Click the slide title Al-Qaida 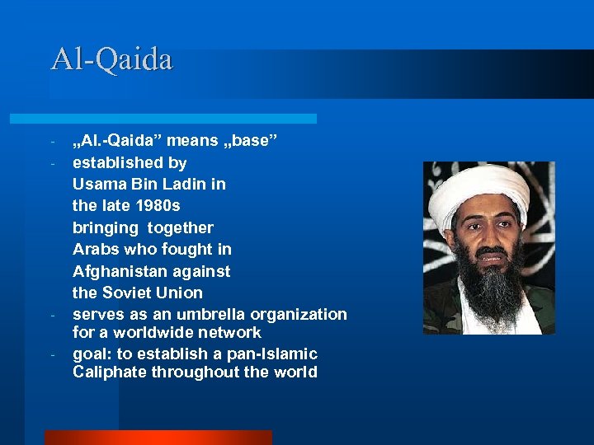coord(111,59)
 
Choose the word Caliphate coord(107,372)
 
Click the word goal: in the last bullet coord(92,354)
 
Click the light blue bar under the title coord(181,119)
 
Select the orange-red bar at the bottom coord(157,438)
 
